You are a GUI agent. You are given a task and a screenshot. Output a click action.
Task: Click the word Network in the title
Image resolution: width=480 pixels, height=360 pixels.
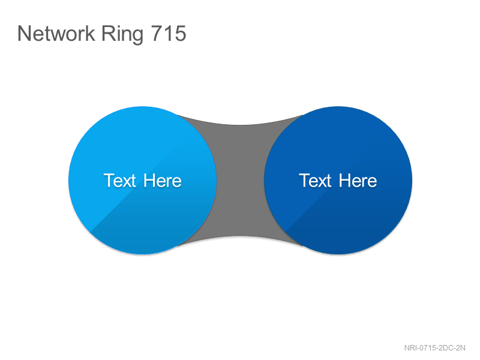tap(56, 33)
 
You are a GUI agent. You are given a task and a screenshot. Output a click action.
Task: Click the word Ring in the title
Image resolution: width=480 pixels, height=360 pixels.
tap(122, 34)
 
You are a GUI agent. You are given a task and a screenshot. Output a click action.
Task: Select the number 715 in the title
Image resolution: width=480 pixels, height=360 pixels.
tap(169, 33)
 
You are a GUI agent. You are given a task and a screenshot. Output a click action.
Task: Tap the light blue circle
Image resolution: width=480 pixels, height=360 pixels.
tap(142, 181)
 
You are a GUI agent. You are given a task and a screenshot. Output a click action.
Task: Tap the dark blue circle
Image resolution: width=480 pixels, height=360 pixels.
tap(338, 181)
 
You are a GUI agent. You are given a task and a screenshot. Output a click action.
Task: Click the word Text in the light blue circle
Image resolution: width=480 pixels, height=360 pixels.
tap(119, 181)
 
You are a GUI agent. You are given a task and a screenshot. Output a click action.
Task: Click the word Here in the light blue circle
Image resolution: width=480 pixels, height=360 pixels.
tap(163, 181)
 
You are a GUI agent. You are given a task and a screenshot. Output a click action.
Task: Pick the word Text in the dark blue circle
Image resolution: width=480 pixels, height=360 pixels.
tap(315, 181)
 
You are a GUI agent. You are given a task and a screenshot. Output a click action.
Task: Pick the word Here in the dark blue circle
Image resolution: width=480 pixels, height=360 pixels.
tap(358, 181)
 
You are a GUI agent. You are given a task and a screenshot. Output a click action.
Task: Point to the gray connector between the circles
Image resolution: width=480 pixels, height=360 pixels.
tap(241, 181)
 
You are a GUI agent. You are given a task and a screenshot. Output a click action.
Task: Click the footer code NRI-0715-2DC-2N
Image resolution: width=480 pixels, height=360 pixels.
tap(434, 348)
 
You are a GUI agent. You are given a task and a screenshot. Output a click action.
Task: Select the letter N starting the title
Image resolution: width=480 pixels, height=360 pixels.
tap(24, 33)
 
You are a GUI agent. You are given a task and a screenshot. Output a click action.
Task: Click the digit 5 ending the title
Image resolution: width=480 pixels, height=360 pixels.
tap(181, 34)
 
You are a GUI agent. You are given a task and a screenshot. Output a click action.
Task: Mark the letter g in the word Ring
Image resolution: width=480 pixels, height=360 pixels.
tap(138, 37)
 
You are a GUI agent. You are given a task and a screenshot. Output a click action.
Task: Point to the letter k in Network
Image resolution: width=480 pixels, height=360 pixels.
tap(90, 33)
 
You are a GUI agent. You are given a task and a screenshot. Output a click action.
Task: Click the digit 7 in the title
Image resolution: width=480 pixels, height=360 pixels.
tap(157, 34)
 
